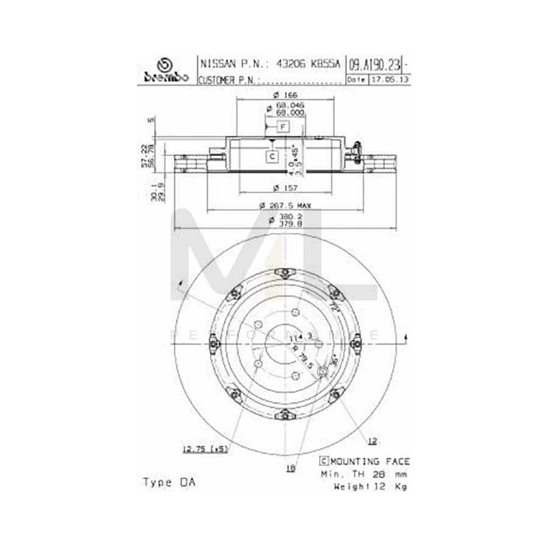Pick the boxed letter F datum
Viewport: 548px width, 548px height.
pos(283,127)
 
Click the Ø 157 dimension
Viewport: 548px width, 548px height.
pos(284,186)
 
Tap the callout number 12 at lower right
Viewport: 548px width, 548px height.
pos(373,440)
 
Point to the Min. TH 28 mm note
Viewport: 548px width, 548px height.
pos(364,474)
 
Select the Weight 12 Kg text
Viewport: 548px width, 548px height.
pos(371,486)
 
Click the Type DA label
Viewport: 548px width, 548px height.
pos(169,482)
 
